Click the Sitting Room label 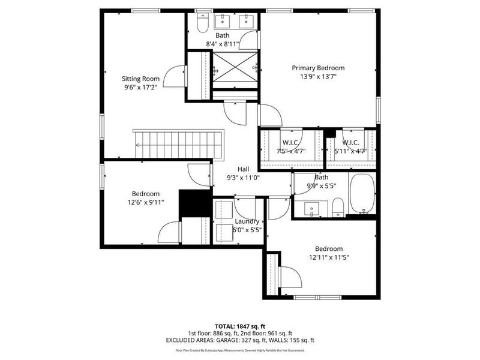click(x=141, y=79)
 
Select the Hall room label click(x=243, y=169)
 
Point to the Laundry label click(x=247, y=221)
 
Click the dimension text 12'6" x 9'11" click(x=145, y=202)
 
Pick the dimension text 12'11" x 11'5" click(x=328, y=257)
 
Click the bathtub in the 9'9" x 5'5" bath click(x=362, y=194)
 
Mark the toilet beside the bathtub click(x=338, y=207)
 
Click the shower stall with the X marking click(x=235, y=67)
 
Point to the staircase click(x=178, y=144)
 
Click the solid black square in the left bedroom click(x=192, y=203)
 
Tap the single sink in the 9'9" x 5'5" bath click(x=311, y=209)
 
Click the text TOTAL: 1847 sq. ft click(x=239, y=326)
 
